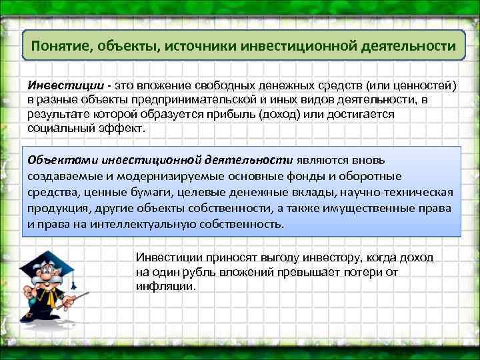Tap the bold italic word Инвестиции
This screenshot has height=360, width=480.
pyautogui.click(x=65, y=86)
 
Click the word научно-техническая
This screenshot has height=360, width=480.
pyautogui.click(x=398, y=193)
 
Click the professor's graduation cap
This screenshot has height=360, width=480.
pyautogui.click(x=47, y=260)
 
